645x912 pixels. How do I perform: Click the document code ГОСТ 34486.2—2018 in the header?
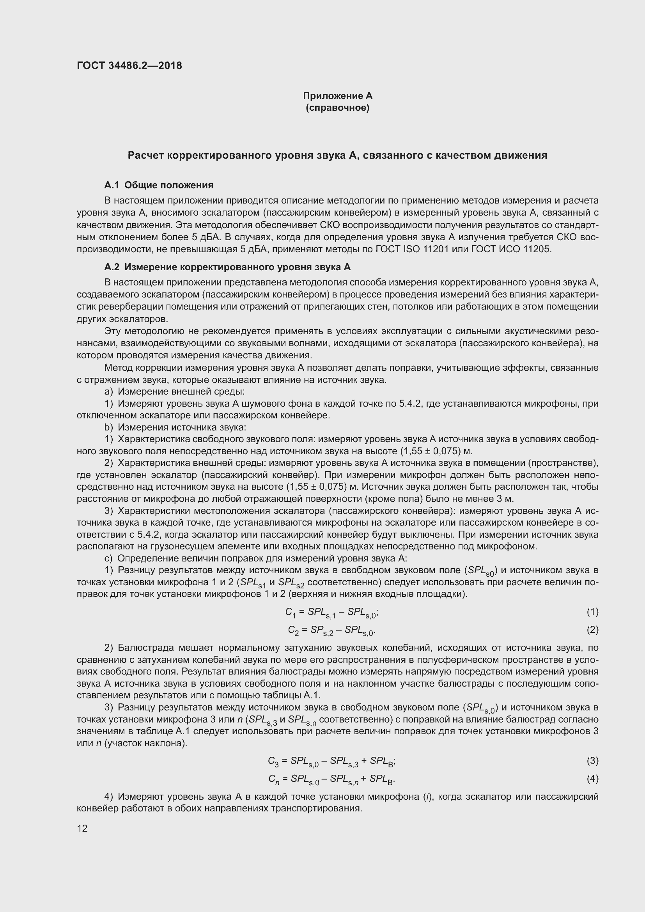click(129, 66)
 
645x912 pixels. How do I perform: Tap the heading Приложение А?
click(338, 96)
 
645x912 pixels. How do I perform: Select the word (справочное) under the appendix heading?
click(338, 108)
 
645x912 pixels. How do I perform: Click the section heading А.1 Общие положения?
click(158, 185)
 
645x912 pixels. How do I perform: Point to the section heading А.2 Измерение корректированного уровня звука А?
click(227, 267)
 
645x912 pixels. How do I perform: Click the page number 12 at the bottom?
click(82, 828)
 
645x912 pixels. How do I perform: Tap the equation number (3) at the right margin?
click(592, 761)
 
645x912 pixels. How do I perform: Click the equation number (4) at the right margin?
click(592, 779)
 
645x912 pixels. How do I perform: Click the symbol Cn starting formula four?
click(274, 779)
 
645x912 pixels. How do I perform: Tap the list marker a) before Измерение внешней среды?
click(109, 391)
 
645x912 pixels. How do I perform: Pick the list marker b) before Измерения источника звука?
click(109, 427)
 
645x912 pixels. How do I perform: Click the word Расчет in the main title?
click(145, 155)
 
